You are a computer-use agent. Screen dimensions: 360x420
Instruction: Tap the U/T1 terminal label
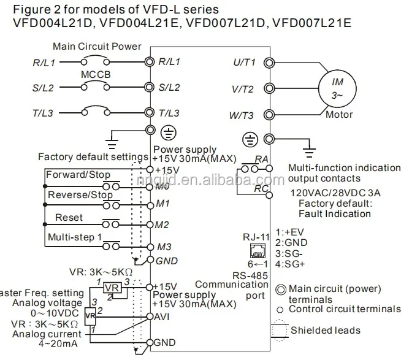tap(245, 62)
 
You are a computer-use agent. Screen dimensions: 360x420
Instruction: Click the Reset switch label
tap(69, 218)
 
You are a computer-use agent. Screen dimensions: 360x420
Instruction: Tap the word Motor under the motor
tap(339, 115)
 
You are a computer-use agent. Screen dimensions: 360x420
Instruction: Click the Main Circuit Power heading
tap(97, 46)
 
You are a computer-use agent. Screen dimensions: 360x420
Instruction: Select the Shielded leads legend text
tap(326, 331)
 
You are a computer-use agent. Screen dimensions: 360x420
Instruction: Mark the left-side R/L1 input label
tap(44, 62)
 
